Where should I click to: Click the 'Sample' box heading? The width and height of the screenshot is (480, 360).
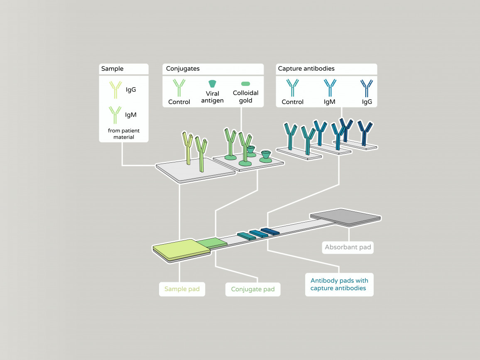pyautogui.click(x=113, y=69)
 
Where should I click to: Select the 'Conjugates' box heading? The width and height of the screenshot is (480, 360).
pyautogui.click(x=183, y=69)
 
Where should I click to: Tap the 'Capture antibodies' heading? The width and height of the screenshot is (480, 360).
pyautogui.click(x=306, y=69)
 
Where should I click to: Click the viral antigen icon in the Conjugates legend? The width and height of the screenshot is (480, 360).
pyautogui.click(x=212, y=83)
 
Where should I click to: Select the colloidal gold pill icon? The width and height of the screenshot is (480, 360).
pyautogui.click(x=245, y=83)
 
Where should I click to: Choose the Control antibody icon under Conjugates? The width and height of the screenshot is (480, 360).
pyautogui.click(x=179, y=88)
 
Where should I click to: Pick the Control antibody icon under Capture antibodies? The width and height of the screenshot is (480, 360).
pyautogui.click(x=293, y=88)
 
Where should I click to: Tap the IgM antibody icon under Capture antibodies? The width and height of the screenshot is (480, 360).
pyautogui.click(x=330, y=88)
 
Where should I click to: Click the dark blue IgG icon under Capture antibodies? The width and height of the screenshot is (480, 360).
pyautogui.click(x=367, y=88)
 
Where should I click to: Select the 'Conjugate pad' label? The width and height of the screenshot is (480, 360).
pyautogui.click(x=253, y=289)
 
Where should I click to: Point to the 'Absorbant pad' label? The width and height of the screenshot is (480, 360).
pyautogui.click(x=348, y=247)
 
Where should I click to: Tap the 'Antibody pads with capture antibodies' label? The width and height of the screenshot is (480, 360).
pyautogui.click(x=339, y=284)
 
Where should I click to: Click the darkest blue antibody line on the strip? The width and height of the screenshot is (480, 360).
pyautogui.click(x=270, y=231)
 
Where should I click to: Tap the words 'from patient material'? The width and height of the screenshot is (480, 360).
pyautogui.click(x=124, y=134)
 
